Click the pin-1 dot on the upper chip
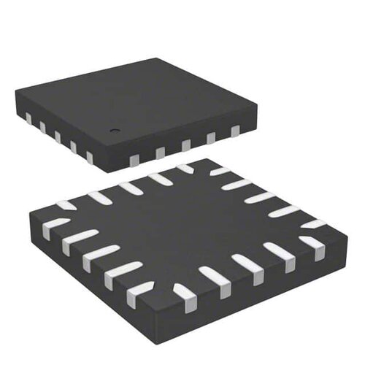pyautogui.click(x=114, y=131)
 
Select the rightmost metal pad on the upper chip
pyautogui.click(x=235, y=131)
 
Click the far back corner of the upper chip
pyautogui.click(x=156, y=59)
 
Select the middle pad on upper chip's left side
pyautogui.click(x=58, y=137)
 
